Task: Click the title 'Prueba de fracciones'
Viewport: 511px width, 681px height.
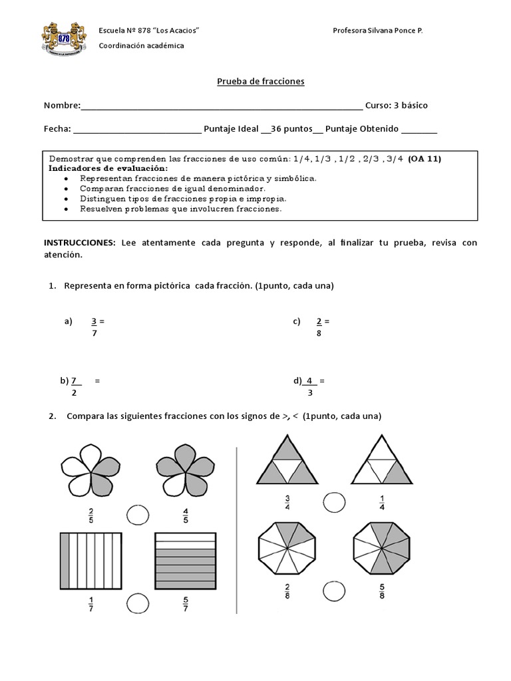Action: coord(261,81)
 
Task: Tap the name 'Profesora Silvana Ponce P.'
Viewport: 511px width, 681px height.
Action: coord(377,31)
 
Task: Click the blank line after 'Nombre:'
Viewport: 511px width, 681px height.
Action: coord(222,106)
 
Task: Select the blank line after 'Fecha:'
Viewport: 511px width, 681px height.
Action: coord(136,130)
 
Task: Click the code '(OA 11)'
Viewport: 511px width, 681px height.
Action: coord(425,159)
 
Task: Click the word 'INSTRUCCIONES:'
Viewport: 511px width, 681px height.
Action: coord(80,243)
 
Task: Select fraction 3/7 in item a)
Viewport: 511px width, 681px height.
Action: coord(95,327)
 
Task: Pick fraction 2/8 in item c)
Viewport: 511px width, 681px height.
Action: coord(319,327)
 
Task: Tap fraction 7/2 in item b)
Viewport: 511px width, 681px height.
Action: coord(75,386)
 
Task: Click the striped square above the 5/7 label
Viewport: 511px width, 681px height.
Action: coord(185,561)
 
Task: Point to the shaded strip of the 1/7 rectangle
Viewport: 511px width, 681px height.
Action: coord(65,561)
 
